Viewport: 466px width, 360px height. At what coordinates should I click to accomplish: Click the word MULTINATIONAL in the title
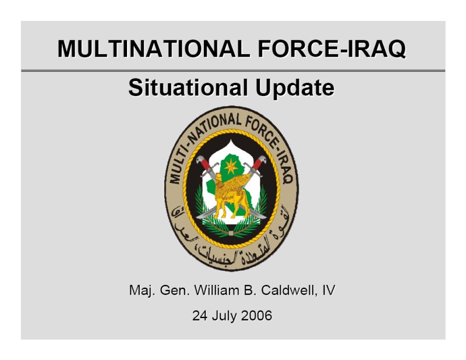click(x=154, y=48)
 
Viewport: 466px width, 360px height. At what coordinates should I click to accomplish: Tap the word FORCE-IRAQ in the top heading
click(x=331, y=49)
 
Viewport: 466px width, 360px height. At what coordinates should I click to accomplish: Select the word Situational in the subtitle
click(x=188, y=87)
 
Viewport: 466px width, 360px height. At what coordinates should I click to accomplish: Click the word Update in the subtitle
click(x=295, y=88)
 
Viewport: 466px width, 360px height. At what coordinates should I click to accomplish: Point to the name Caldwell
click(x=288, y=290)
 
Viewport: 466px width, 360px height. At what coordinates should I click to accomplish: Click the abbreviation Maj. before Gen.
click(x=142, y=290)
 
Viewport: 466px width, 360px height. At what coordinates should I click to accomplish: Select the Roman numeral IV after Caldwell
click(x=329, y=290)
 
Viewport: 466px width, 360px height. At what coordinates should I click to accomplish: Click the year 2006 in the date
click(x=256, y=315)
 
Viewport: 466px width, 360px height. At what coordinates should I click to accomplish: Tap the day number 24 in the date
click(x=200, y=315)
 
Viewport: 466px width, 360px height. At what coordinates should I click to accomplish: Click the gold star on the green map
click(x=231, y=167)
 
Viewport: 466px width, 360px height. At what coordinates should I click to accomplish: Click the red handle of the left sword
click(x=204, y=163)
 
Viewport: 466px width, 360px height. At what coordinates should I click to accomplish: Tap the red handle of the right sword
click(x=258, y=163)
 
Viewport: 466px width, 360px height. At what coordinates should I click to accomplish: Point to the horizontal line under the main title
click(x=233, y=70)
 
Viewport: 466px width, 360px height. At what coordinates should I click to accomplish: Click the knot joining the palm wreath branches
click(x=231, y=233)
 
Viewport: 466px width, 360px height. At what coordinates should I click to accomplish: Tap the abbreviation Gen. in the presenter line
click(x=174, y=290)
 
